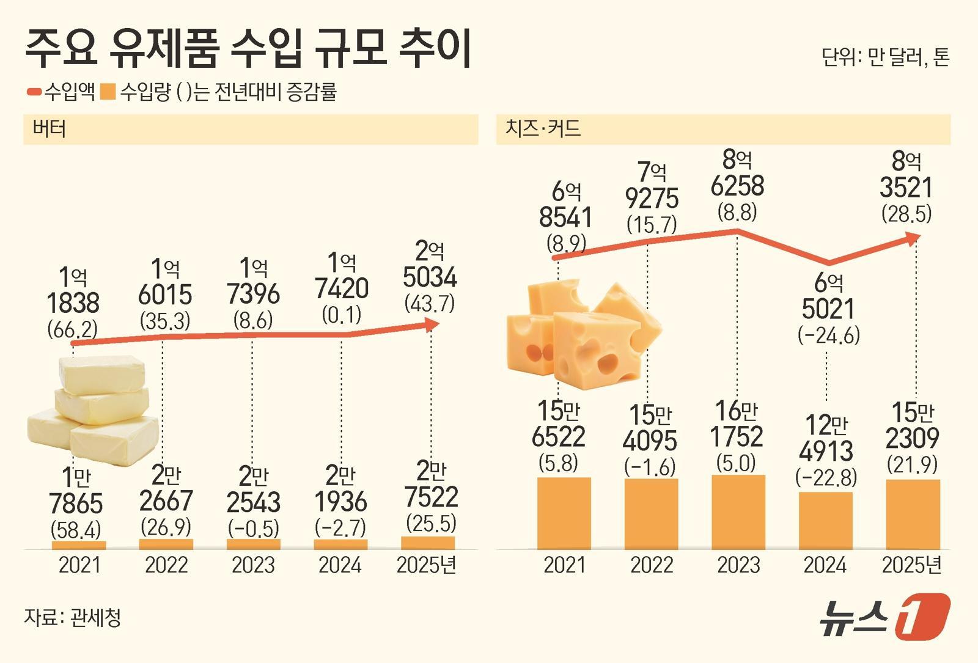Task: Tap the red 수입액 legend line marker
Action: (34, 92)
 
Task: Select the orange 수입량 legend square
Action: (108, 92)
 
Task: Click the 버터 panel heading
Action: (49, 129)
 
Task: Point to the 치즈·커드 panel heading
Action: (543, 129)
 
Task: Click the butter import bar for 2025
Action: (428, 543)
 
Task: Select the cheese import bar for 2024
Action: (825, 520)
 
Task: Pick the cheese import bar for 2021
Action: (564, 513)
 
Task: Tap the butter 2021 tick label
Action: (79, 565)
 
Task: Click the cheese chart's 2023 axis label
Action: (738, 565)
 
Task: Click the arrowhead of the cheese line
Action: (913, 238)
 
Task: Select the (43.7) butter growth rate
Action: (430, 303)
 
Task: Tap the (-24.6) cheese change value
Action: (829, 335)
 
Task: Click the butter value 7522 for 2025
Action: (431, 497)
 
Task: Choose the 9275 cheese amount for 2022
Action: (652, 199)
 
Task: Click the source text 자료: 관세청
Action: (73, 617)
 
